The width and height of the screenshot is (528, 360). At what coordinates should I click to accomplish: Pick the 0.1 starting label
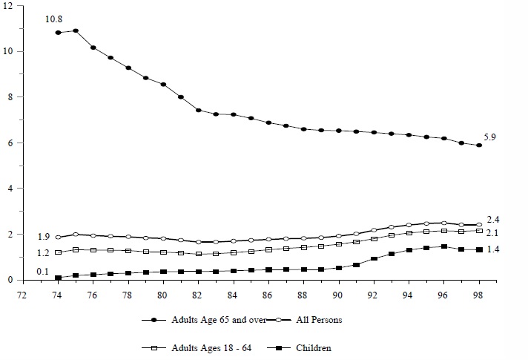coord(44,271)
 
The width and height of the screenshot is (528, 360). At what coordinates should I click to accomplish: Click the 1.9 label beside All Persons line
coord(44,237)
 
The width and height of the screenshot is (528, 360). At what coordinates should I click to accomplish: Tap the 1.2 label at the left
coord(44,253)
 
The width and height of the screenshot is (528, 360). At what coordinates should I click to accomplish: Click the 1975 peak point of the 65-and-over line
coord(76,31)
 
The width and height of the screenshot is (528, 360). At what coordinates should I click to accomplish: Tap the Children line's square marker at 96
coord(443,246)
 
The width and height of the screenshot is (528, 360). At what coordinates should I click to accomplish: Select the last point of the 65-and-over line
coord(479,145)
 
